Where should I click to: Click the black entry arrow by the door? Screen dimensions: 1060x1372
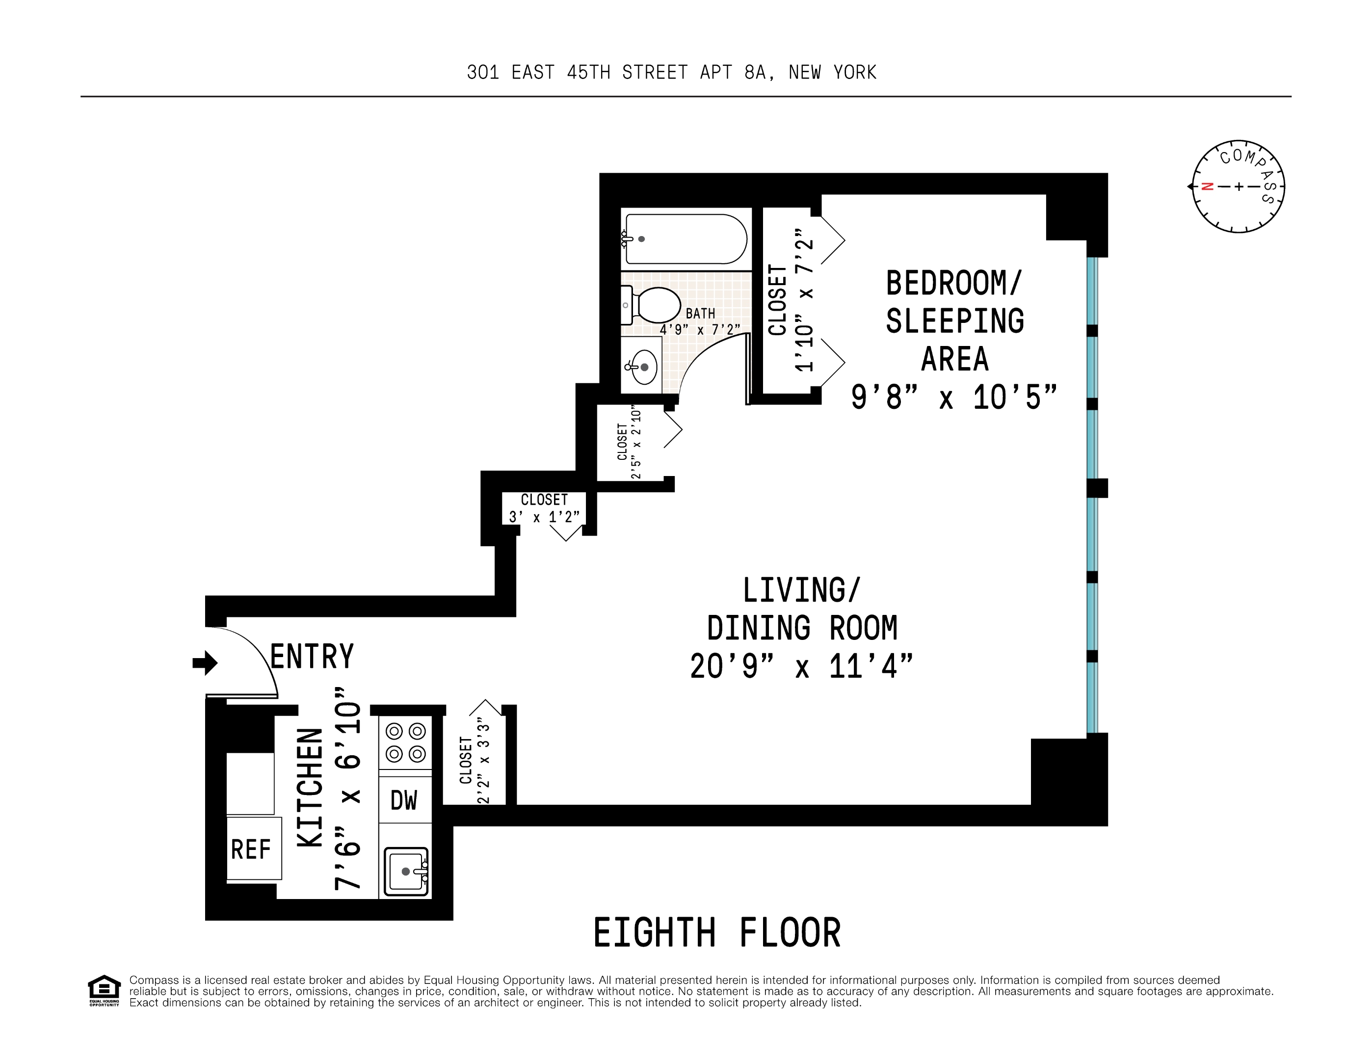pos(205,662)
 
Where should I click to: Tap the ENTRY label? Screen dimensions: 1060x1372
pos(312,657)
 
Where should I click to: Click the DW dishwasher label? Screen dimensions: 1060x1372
pos(404,800)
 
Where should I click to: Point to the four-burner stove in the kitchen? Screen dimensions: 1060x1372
pos(406,742)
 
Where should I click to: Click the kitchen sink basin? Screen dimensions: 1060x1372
pos(406,871)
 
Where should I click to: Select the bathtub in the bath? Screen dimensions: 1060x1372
pos(686,239)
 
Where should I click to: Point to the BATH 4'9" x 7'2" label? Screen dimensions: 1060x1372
pos(700,321)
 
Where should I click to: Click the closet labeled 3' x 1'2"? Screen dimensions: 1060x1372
pos(544,508)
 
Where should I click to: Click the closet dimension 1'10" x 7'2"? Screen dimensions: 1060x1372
pos(804,300)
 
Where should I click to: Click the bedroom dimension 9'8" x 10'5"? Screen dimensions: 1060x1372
pos(953,397)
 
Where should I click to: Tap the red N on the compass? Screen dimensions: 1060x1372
pos(1207,186)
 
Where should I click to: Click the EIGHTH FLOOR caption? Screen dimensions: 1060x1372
pos(717,932)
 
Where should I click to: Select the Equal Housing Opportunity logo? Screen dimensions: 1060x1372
pos(104,990)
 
